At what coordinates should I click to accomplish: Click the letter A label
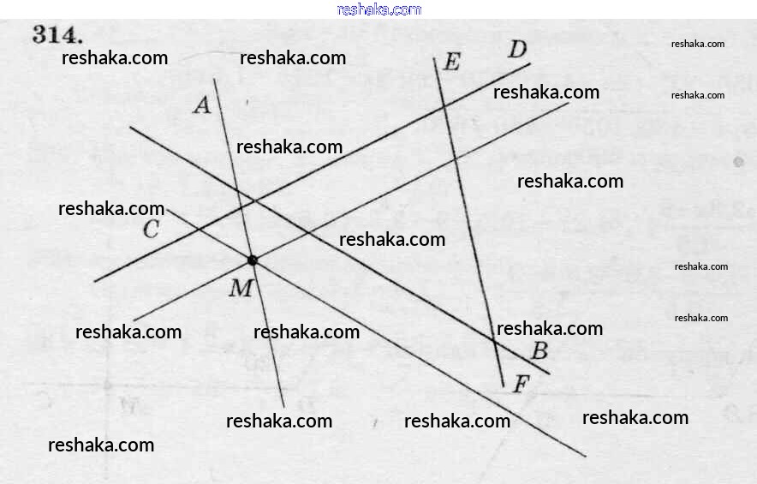202,105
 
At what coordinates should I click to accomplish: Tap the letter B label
539,350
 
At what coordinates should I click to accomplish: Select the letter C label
151,230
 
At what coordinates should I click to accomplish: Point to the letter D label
517,48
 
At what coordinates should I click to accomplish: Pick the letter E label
451,62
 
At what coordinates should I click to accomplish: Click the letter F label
520,385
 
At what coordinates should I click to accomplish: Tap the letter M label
241,289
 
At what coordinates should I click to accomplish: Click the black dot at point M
252,260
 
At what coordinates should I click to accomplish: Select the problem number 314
58,36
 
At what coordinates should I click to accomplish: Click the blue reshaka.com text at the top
379,9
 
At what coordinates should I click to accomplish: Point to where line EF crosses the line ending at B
494,342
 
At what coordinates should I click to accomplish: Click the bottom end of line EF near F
504,387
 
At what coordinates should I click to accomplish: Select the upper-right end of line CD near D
530,63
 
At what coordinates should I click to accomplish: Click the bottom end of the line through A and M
283,407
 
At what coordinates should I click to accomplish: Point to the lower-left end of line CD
94,281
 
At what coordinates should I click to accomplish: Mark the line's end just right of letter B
550,373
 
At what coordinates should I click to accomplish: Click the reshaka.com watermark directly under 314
115,58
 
